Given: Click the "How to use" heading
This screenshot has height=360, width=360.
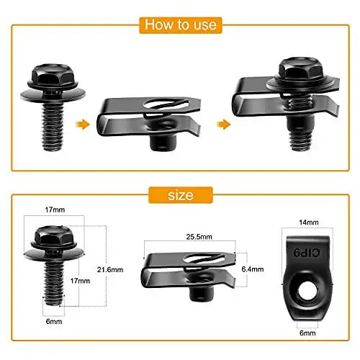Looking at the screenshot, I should (x=180, y=24).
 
